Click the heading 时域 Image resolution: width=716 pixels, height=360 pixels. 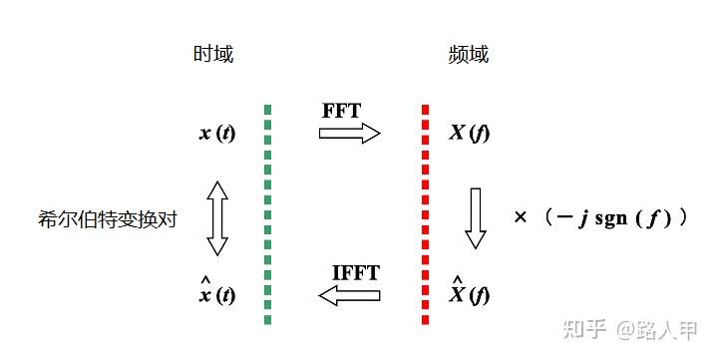213,55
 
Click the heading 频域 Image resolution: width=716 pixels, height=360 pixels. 469,55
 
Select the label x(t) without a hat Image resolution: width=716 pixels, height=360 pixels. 216,133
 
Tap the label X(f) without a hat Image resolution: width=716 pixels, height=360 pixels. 469,133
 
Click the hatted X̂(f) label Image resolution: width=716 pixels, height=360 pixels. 469,291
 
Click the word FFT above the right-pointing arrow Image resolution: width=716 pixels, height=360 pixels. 343,110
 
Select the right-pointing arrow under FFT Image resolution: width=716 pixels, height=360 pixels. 350,132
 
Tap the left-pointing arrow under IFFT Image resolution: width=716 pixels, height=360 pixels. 350,294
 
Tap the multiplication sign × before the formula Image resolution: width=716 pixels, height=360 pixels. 519,216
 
